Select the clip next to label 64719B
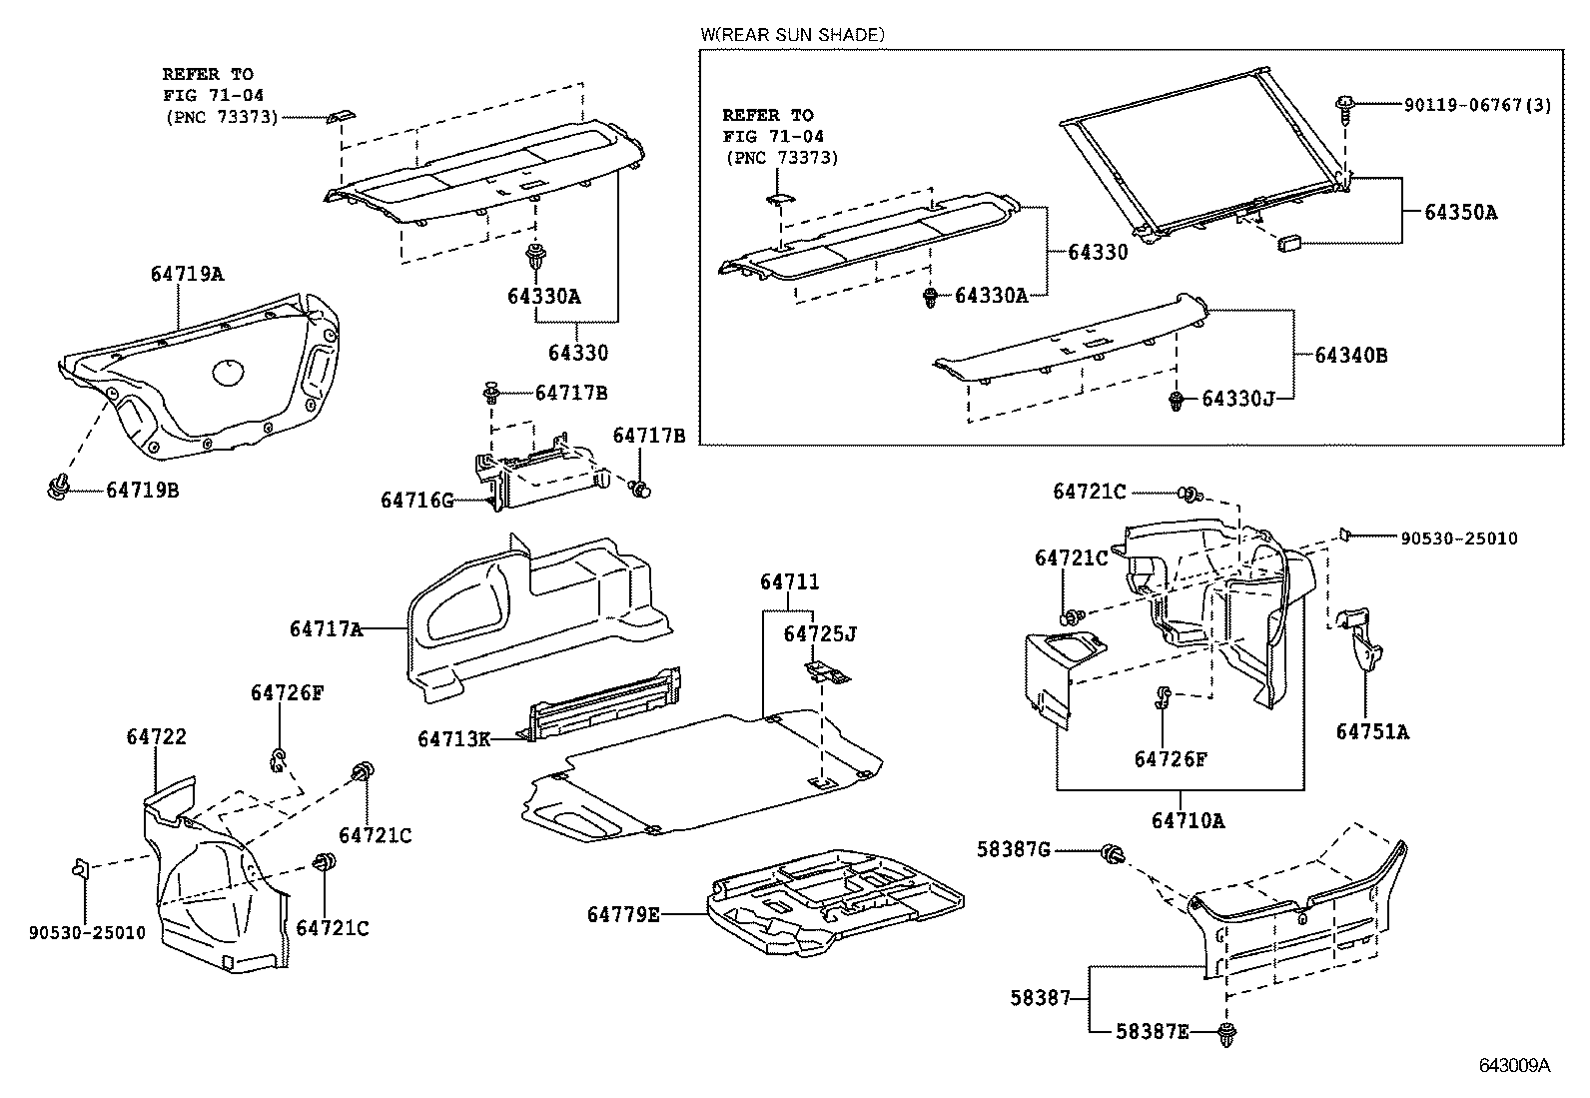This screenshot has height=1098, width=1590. point(58,488)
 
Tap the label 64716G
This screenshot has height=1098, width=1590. point(416,499)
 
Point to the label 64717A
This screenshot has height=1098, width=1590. point(326,628)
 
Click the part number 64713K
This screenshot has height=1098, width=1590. point(453,738)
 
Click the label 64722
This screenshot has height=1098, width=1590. point(157,736)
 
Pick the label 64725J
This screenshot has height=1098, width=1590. point(820,633)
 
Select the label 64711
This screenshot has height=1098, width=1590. point(789,581)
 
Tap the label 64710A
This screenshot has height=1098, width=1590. point(1188,820)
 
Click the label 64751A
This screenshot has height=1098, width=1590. point(1372,731)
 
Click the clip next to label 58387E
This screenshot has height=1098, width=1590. point(1226,1033)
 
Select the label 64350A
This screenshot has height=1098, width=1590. point(1460,212)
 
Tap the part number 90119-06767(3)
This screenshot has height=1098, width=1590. point(1477,105)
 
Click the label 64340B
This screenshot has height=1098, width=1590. point(1350,355)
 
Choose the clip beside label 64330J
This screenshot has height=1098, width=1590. point(1179,400)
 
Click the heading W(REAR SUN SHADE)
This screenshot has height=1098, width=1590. point(792,35)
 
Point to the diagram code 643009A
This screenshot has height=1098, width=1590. point(1514,1065)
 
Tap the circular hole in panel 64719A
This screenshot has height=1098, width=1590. point(229,372)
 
